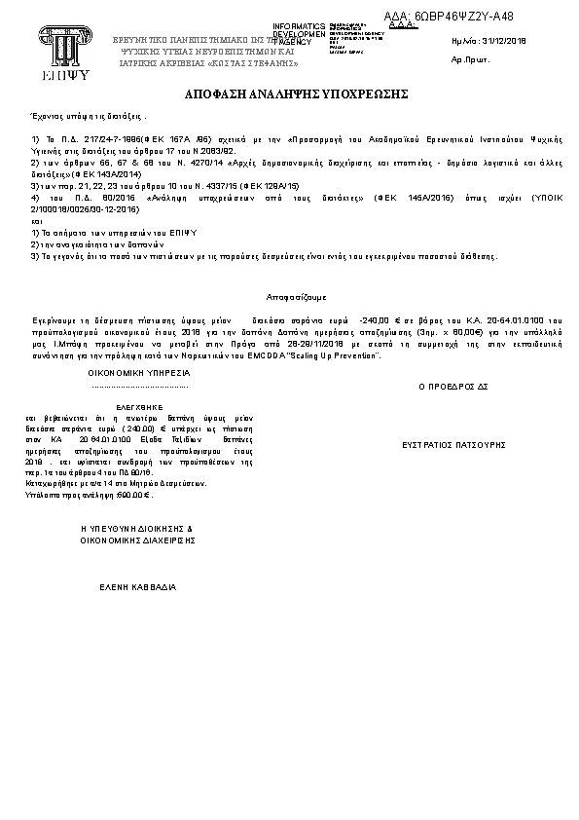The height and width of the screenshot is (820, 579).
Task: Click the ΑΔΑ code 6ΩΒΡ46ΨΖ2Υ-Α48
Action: [x=462, y=17]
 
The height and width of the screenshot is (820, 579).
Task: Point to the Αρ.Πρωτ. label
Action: [x=469, y=59]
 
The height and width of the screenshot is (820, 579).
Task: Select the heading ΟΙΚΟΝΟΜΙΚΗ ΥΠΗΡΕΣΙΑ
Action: [x=139, y=373]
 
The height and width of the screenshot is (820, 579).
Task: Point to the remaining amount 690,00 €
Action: [x=132, y=495]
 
